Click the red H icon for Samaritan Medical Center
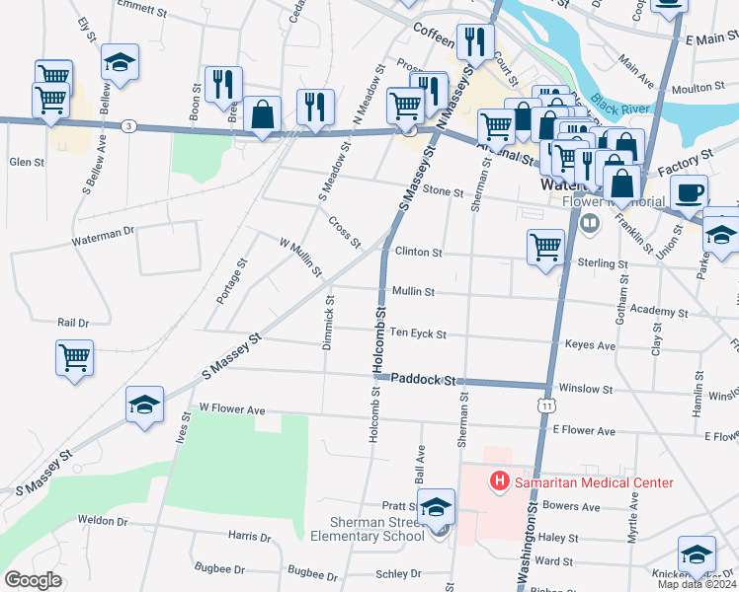coord(500,481)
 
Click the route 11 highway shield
coord(545,405)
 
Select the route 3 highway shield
coord(128,125)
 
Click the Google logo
coord(33,580)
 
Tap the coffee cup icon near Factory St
coord(690,189)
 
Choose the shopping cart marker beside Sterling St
coord(545,248)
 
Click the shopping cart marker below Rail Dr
coord(74,358)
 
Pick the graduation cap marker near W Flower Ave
coord(144,405)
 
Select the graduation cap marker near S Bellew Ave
coord(120,61)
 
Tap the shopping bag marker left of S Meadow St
coord(264,114)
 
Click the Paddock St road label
coord(426,379)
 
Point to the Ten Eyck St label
coord(418,334)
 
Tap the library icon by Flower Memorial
coord(591,223)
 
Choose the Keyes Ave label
coord(590,346)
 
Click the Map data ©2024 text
coord(696,584)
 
